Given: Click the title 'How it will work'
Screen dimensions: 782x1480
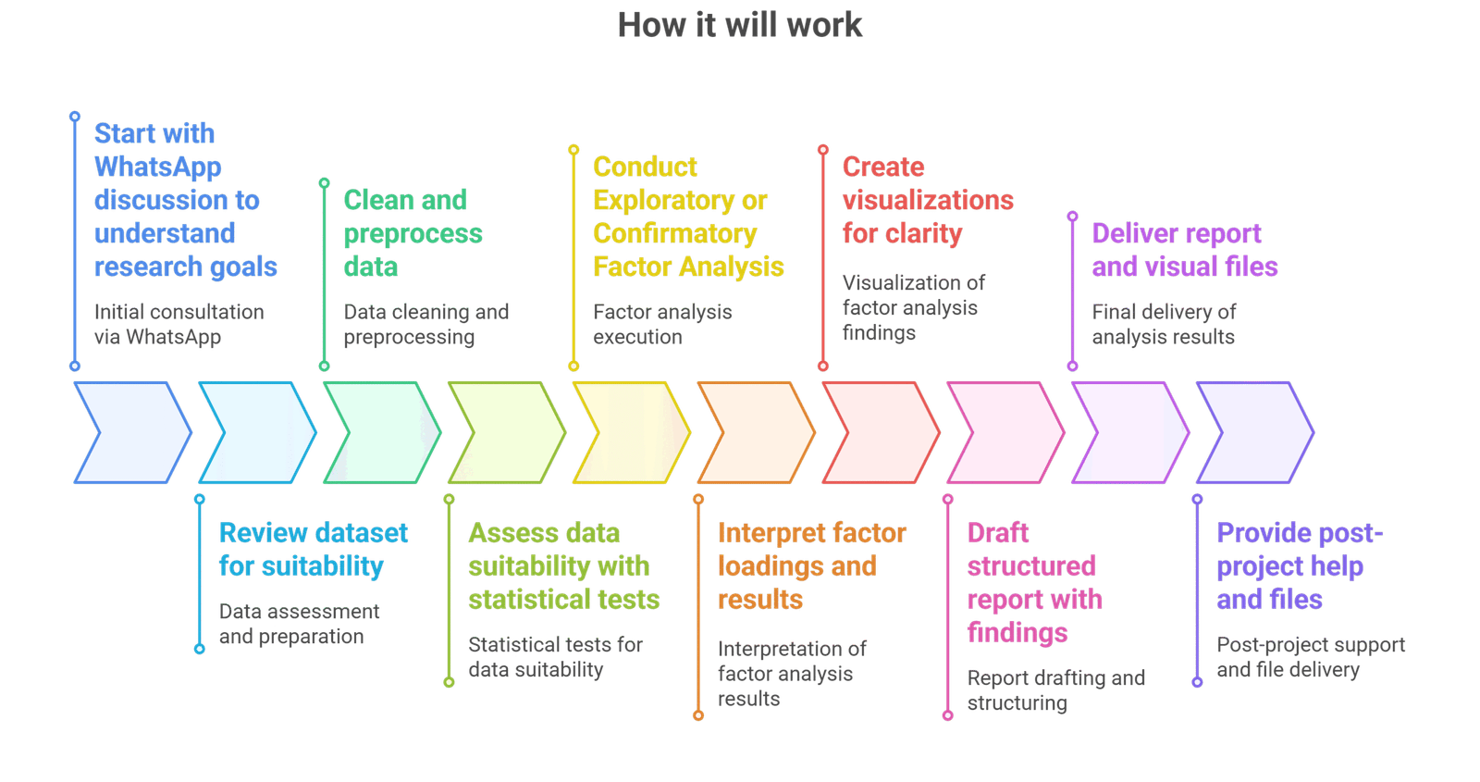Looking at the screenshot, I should (x=740, y=25).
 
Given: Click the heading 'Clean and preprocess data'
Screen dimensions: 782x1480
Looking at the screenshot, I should (x=413, y=233).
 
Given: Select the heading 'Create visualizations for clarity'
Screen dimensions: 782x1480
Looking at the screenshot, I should (x=927, y=200).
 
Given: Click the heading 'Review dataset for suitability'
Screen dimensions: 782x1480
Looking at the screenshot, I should (x=313, y=549).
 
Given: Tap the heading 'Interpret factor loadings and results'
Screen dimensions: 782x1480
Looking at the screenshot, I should (x=811, y=565).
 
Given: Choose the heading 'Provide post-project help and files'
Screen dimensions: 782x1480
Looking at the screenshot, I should (x=1298, y=565).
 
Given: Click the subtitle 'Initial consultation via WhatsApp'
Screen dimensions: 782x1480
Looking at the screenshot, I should (x=179, y=324).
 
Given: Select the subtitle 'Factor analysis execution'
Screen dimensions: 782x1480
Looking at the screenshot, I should (x=661, y=324).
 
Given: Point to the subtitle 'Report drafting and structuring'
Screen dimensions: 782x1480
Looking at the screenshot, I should (x=1055, y=690).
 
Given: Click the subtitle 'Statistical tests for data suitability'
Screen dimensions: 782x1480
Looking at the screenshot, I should (x=554, y=656).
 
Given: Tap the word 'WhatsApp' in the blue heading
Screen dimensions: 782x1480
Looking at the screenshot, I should (x=158, y=167).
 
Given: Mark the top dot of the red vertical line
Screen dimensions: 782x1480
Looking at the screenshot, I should (x=823, y=149).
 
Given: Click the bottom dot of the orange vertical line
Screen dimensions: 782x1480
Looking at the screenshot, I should (x=698, y=715).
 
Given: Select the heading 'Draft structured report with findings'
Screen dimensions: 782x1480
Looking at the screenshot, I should (x=1033, y=582).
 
